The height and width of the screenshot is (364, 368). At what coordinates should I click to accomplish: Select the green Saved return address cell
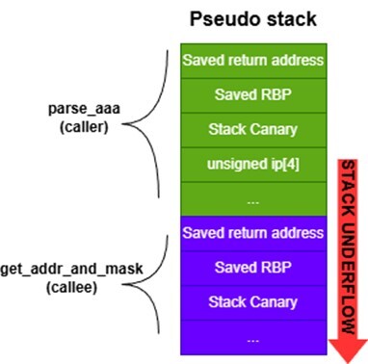(252, 60)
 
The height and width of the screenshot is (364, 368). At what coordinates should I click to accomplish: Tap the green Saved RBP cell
(252, 94)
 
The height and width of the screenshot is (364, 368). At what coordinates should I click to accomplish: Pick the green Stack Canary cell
(252, 129)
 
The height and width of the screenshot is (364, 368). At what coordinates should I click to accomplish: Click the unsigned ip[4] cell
(252, 164)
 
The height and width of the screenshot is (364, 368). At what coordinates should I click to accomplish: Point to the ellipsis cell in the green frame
(252, 198)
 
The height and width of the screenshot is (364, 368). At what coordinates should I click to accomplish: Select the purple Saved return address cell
(252, 233)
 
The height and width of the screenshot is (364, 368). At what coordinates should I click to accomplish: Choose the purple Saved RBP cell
(252, 268)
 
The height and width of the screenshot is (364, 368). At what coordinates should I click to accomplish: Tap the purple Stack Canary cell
(252, 302)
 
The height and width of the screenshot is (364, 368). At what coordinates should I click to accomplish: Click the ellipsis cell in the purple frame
(252, 338)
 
